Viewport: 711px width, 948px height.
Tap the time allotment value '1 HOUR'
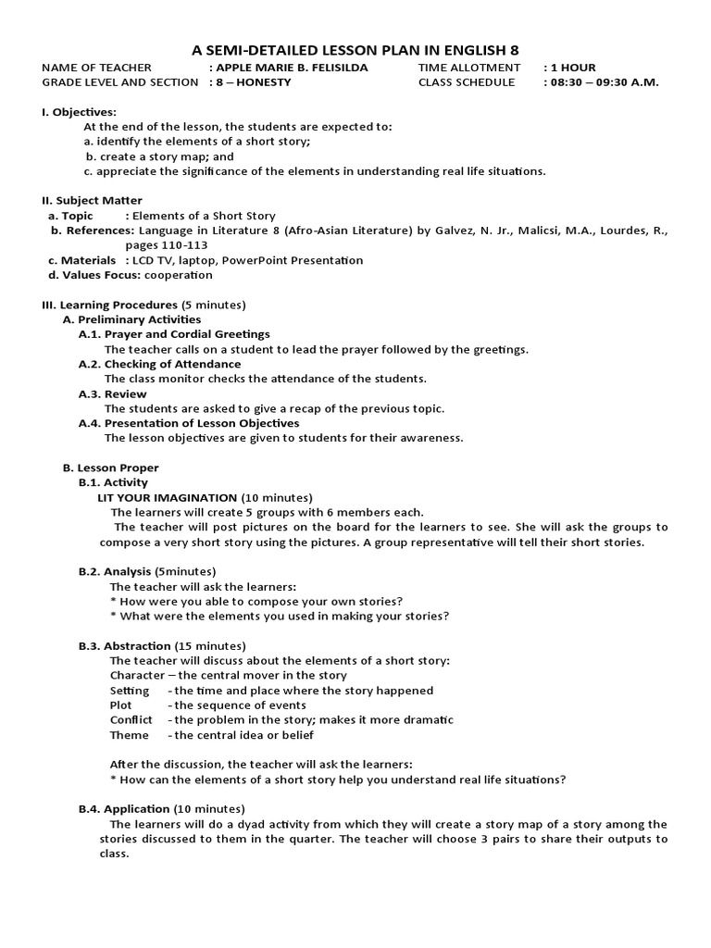click(574, 68)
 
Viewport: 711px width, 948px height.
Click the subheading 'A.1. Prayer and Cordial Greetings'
click(174, 334)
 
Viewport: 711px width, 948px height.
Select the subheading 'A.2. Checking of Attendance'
click(159, 364)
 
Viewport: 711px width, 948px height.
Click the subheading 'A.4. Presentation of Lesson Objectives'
click(189, 423)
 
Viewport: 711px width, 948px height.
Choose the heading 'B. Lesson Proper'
click(110, 468)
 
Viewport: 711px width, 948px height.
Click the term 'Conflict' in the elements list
click(131, 719)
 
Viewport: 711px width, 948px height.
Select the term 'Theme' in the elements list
click(129, 734)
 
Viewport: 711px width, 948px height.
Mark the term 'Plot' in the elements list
click(121, 705)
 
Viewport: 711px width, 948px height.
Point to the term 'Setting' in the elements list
click(129, 690)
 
